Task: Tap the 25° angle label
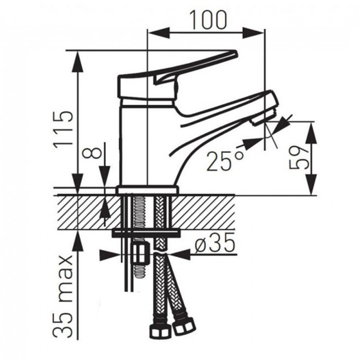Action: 225,161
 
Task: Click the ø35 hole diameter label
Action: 215,243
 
